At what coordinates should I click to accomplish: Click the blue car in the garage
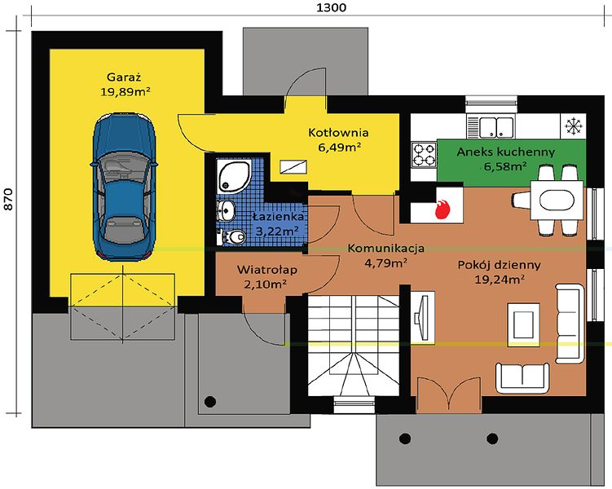[124, 186]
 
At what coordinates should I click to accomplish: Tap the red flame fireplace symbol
[442, 209]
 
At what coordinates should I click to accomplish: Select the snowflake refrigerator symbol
[573, 126]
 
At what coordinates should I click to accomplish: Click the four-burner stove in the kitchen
[424, 154]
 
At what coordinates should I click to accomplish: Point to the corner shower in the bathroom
[233, 175]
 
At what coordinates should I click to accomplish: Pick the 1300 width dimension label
[331, 7]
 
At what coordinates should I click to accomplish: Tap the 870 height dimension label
[8, 200]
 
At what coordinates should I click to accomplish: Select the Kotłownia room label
[338, 132]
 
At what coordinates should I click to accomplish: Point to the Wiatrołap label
[267, 269]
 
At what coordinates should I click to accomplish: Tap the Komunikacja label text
[385, 249]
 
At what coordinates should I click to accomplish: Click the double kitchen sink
[491, 126]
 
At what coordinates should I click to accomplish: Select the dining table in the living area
[557, 200]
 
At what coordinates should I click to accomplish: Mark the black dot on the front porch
[210, 401]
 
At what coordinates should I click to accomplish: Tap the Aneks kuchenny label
[505, 152]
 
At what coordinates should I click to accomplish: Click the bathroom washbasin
[226, 211]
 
